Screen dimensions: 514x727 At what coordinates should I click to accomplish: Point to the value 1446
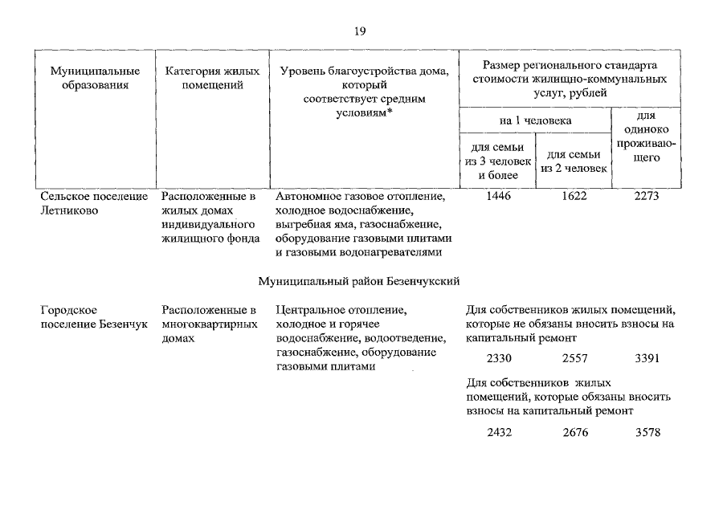coord(499,196)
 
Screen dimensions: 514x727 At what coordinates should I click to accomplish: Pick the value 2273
coord(647,196)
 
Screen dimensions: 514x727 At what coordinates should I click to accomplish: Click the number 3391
coord(647,358)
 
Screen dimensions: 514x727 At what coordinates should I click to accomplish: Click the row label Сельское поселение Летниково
coord(93,202)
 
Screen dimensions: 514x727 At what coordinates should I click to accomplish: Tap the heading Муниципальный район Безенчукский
coord(359,281)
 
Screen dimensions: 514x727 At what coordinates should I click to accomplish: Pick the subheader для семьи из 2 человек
coord(574,161)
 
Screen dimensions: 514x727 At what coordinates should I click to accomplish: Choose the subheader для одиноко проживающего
coord(647,137)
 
